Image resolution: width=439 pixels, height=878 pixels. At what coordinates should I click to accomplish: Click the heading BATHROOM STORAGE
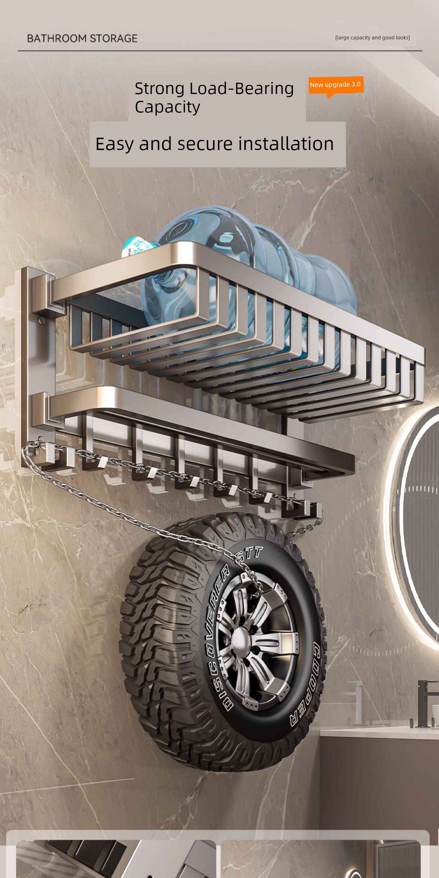pos(82,38)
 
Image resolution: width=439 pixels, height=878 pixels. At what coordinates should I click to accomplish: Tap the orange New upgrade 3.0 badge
pos(336,85)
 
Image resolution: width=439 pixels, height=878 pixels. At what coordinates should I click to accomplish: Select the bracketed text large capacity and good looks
pos(372,38)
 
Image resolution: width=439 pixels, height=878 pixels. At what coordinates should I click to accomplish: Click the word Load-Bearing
pos(241,88)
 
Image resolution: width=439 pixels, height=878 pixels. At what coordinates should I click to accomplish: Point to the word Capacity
pos(167,107)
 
